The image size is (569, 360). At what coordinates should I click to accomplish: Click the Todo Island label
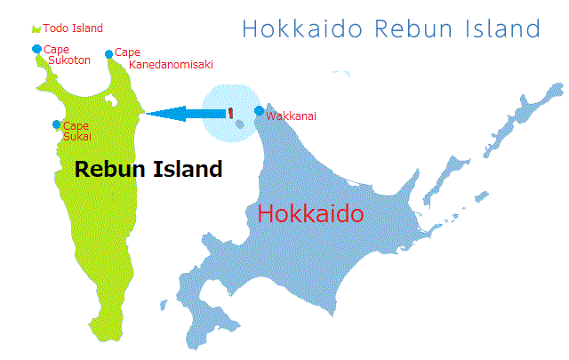(x=73, y=28)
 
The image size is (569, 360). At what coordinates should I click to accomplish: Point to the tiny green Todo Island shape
(x=36, y=29)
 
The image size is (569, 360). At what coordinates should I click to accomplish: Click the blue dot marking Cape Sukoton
(x=36, y=49)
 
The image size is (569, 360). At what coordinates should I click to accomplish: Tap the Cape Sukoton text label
(x=63, y=56)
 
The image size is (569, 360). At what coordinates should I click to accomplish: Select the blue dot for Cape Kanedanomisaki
(x=108, y=54)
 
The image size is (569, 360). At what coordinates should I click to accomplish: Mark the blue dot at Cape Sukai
(x=57, y=124)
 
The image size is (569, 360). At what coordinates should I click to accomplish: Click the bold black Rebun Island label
(x=148, y=169)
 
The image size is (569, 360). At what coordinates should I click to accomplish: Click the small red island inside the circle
(x=230, y=113)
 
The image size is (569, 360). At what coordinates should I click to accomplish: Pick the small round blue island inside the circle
(x=239, y=124)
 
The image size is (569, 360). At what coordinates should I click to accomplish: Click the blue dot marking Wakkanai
(x=259, y=111)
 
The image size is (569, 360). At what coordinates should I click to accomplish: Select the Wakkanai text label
(x=291, y=116)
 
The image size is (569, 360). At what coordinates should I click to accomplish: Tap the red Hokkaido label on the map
(x=310, y=214)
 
